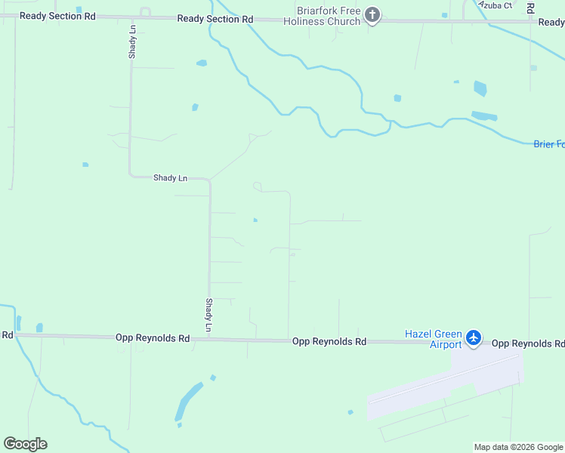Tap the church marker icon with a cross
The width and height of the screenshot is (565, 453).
372,14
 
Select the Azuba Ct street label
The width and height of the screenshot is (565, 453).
496,5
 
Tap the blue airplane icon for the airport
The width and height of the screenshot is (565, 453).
474,337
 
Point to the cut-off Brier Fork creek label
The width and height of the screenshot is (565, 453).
548,144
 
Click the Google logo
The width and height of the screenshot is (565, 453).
25,444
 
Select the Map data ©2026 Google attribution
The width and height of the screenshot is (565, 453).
518,447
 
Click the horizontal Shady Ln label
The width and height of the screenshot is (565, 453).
170,178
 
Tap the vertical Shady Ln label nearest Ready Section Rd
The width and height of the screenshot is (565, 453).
132,42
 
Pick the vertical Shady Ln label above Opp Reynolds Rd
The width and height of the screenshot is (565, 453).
209,315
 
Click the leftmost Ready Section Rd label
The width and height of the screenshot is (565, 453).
57,16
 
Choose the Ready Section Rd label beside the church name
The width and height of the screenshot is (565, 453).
215,19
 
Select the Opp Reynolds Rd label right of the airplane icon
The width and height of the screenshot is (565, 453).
528,344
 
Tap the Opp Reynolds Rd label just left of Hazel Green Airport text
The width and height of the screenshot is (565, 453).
329,342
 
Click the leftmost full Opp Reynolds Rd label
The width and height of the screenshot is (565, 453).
153,339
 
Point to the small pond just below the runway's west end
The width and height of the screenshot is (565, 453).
350,412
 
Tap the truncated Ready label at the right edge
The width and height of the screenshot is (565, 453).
551,23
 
